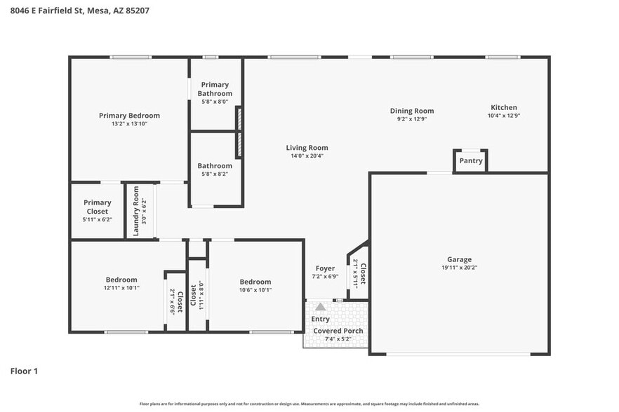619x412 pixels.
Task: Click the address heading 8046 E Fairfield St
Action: pos(79,11)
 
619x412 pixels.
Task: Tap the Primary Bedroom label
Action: pos(129,116)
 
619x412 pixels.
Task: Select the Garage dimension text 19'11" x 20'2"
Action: pos(459,267)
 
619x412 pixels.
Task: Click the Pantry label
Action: pos(470,160)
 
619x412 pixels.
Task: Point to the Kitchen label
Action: pos(503,107)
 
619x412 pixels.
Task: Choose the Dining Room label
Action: pos(412,111)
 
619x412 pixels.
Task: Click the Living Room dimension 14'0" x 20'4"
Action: pos(307,156)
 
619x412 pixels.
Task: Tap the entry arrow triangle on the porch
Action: pos(321,307)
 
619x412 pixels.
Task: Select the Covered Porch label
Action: pos(338,331)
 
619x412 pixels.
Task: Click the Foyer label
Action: pos(325,268)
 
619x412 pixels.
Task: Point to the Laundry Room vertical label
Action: pos(136,210)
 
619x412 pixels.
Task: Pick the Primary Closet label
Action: pos(97,207)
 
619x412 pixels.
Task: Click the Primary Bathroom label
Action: pos(215,89)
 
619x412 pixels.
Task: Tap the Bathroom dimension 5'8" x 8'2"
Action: pos(215,174)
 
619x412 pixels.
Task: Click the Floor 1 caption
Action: pos(24,371)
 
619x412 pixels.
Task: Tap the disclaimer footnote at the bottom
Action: pos(309,404)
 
